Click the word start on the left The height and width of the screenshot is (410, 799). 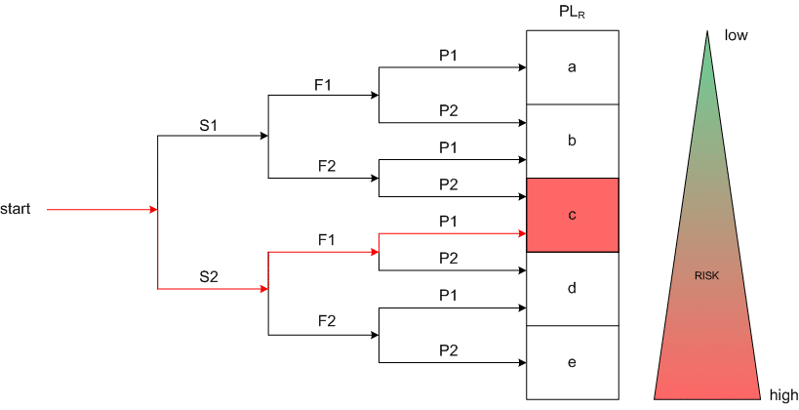point(16,209)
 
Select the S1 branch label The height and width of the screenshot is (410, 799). point(208,125)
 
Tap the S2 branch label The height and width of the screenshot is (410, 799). point(208,276)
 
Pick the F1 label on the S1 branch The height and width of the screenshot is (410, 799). point(323,85)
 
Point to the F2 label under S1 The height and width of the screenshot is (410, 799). point(325,166)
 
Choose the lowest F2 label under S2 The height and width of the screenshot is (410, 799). point(325,320)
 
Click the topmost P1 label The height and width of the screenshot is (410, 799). point(448,56)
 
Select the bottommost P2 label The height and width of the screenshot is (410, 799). point(448,349)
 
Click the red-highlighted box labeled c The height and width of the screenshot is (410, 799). point(572,215)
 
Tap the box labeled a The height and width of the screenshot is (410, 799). point(572,67)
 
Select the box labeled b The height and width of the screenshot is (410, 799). point(572,141)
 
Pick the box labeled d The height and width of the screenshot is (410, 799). point(572,288)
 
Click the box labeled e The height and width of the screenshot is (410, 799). point(572,362)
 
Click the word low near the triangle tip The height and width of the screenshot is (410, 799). point(735,35)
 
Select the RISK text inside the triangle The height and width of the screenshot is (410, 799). point(707,277)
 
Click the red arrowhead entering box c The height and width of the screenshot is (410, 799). point(521,234)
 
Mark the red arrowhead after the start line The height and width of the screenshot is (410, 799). point(152,210)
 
